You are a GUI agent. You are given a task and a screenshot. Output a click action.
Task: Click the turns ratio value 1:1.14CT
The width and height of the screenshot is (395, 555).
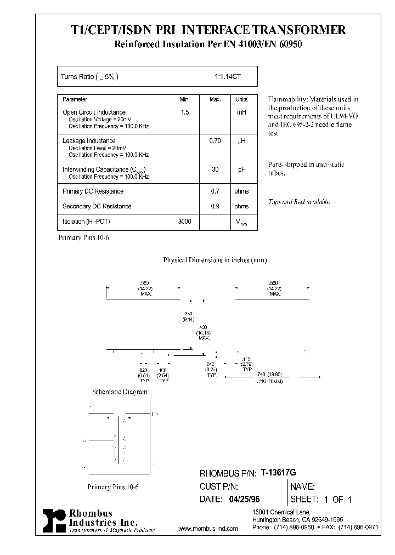coord(228,77)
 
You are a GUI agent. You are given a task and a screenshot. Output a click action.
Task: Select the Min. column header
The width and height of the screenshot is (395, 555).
coord(184,99)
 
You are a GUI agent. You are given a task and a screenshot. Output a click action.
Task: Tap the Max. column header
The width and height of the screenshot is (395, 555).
coord(215,99)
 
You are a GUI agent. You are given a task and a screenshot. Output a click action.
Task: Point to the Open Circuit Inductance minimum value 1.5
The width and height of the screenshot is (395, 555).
coord(184,112)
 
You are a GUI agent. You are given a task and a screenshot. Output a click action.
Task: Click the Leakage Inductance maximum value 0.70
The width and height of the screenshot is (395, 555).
coord(215,141)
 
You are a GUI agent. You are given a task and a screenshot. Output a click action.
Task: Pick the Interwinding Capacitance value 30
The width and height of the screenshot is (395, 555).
coord(215,170)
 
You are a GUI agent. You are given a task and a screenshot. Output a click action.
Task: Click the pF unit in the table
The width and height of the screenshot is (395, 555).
coord(241,170)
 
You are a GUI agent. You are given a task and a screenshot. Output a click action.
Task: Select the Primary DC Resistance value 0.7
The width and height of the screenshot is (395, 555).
coord(215,191)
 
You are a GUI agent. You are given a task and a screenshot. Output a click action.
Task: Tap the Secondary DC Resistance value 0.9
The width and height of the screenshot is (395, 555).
coord(215,206)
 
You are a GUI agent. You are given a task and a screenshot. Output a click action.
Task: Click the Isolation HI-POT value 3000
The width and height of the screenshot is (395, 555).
coord(185,222)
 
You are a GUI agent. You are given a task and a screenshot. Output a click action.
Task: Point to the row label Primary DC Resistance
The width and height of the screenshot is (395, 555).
coord(93,191)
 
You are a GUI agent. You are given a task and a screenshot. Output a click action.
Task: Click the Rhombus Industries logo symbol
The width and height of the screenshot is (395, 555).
coord(54,519)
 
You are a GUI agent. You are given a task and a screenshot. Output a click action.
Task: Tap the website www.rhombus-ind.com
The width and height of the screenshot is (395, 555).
coord(208,529)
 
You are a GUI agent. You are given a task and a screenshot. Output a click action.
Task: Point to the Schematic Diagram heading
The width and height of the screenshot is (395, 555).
coord(120,392)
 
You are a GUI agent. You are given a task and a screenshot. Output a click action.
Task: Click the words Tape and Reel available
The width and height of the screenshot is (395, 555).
coord(299,202)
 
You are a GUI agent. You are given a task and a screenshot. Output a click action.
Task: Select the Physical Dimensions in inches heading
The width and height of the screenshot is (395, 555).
coord(215,260)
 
